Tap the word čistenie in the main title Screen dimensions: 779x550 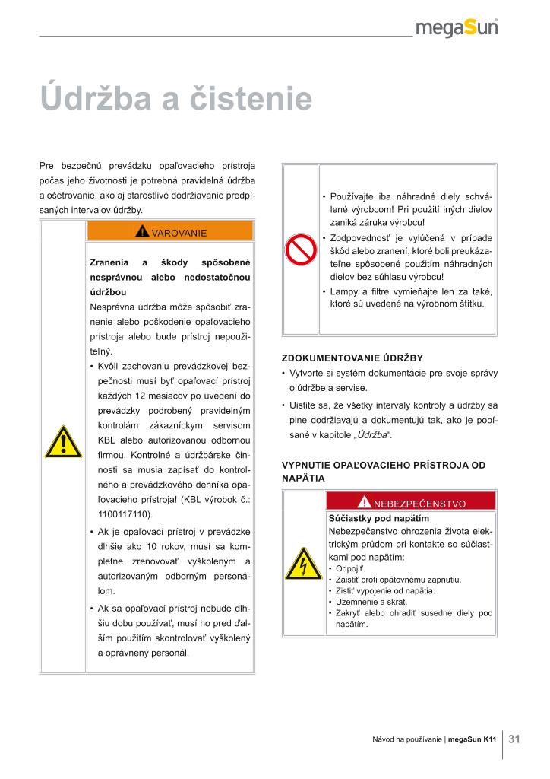254,100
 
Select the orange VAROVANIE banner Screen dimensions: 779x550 170,231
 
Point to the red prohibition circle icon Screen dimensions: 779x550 300,248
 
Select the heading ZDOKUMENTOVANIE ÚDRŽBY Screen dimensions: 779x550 352,358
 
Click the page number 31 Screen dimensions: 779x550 514,738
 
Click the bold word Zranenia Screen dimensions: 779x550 109,262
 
